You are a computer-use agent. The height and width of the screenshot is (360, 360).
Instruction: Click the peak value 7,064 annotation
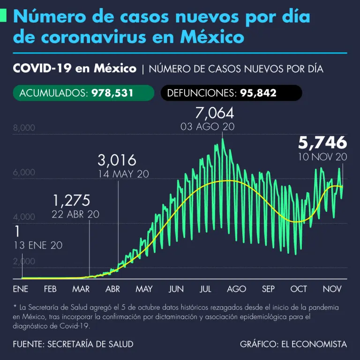[x=214, y=113]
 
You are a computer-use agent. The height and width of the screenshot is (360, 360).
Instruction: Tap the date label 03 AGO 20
[x=207, y=127]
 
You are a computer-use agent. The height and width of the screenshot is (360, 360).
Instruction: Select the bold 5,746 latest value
[x=323, y=142]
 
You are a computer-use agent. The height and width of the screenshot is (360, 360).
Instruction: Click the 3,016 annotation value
[x=117, y=160]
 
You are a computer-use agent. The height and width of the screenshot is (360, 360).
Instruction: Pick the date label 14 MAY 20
[x=123, y=174]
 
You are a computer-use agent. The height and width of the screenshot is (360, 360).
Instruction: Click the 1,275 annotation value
[x=71, y=201]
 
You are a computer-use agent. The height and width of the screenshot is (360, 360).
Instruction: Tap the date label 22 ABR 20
[x=76, y=214]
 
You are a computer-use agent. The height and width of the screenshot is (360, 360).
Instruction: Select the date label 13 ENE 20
[x=38, y=245]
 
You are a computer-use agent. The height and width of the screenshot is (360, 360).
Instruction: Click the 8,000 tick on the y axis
[x=24, y=128]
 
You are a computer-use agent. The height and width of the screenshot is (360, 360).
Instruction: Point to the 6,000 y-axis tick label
[x=24, y=172]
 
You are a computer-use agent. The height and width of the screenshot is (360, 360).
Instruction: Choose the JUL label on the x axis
[x=205, y=289]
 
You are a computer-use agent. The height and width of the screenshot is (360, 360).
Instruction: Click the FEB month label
[x=50, y=289]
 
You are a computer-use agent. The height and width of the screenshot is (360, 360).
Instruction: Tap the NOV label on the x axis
[x=331, y=289]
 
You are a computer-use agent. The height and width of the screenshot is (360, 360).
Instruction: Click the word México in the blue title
[x=213, y=37]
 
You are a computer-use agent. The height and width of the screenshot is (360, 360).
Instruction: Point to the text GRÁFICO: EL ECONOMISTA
[x=293, y=344]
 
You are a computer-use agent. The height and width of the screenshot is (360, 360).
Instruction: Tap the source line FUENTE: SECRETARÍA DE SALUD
[x=73, y=344]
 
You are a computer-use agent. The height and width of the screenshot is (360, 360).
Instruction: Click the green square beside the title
[x=3, y=16]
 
